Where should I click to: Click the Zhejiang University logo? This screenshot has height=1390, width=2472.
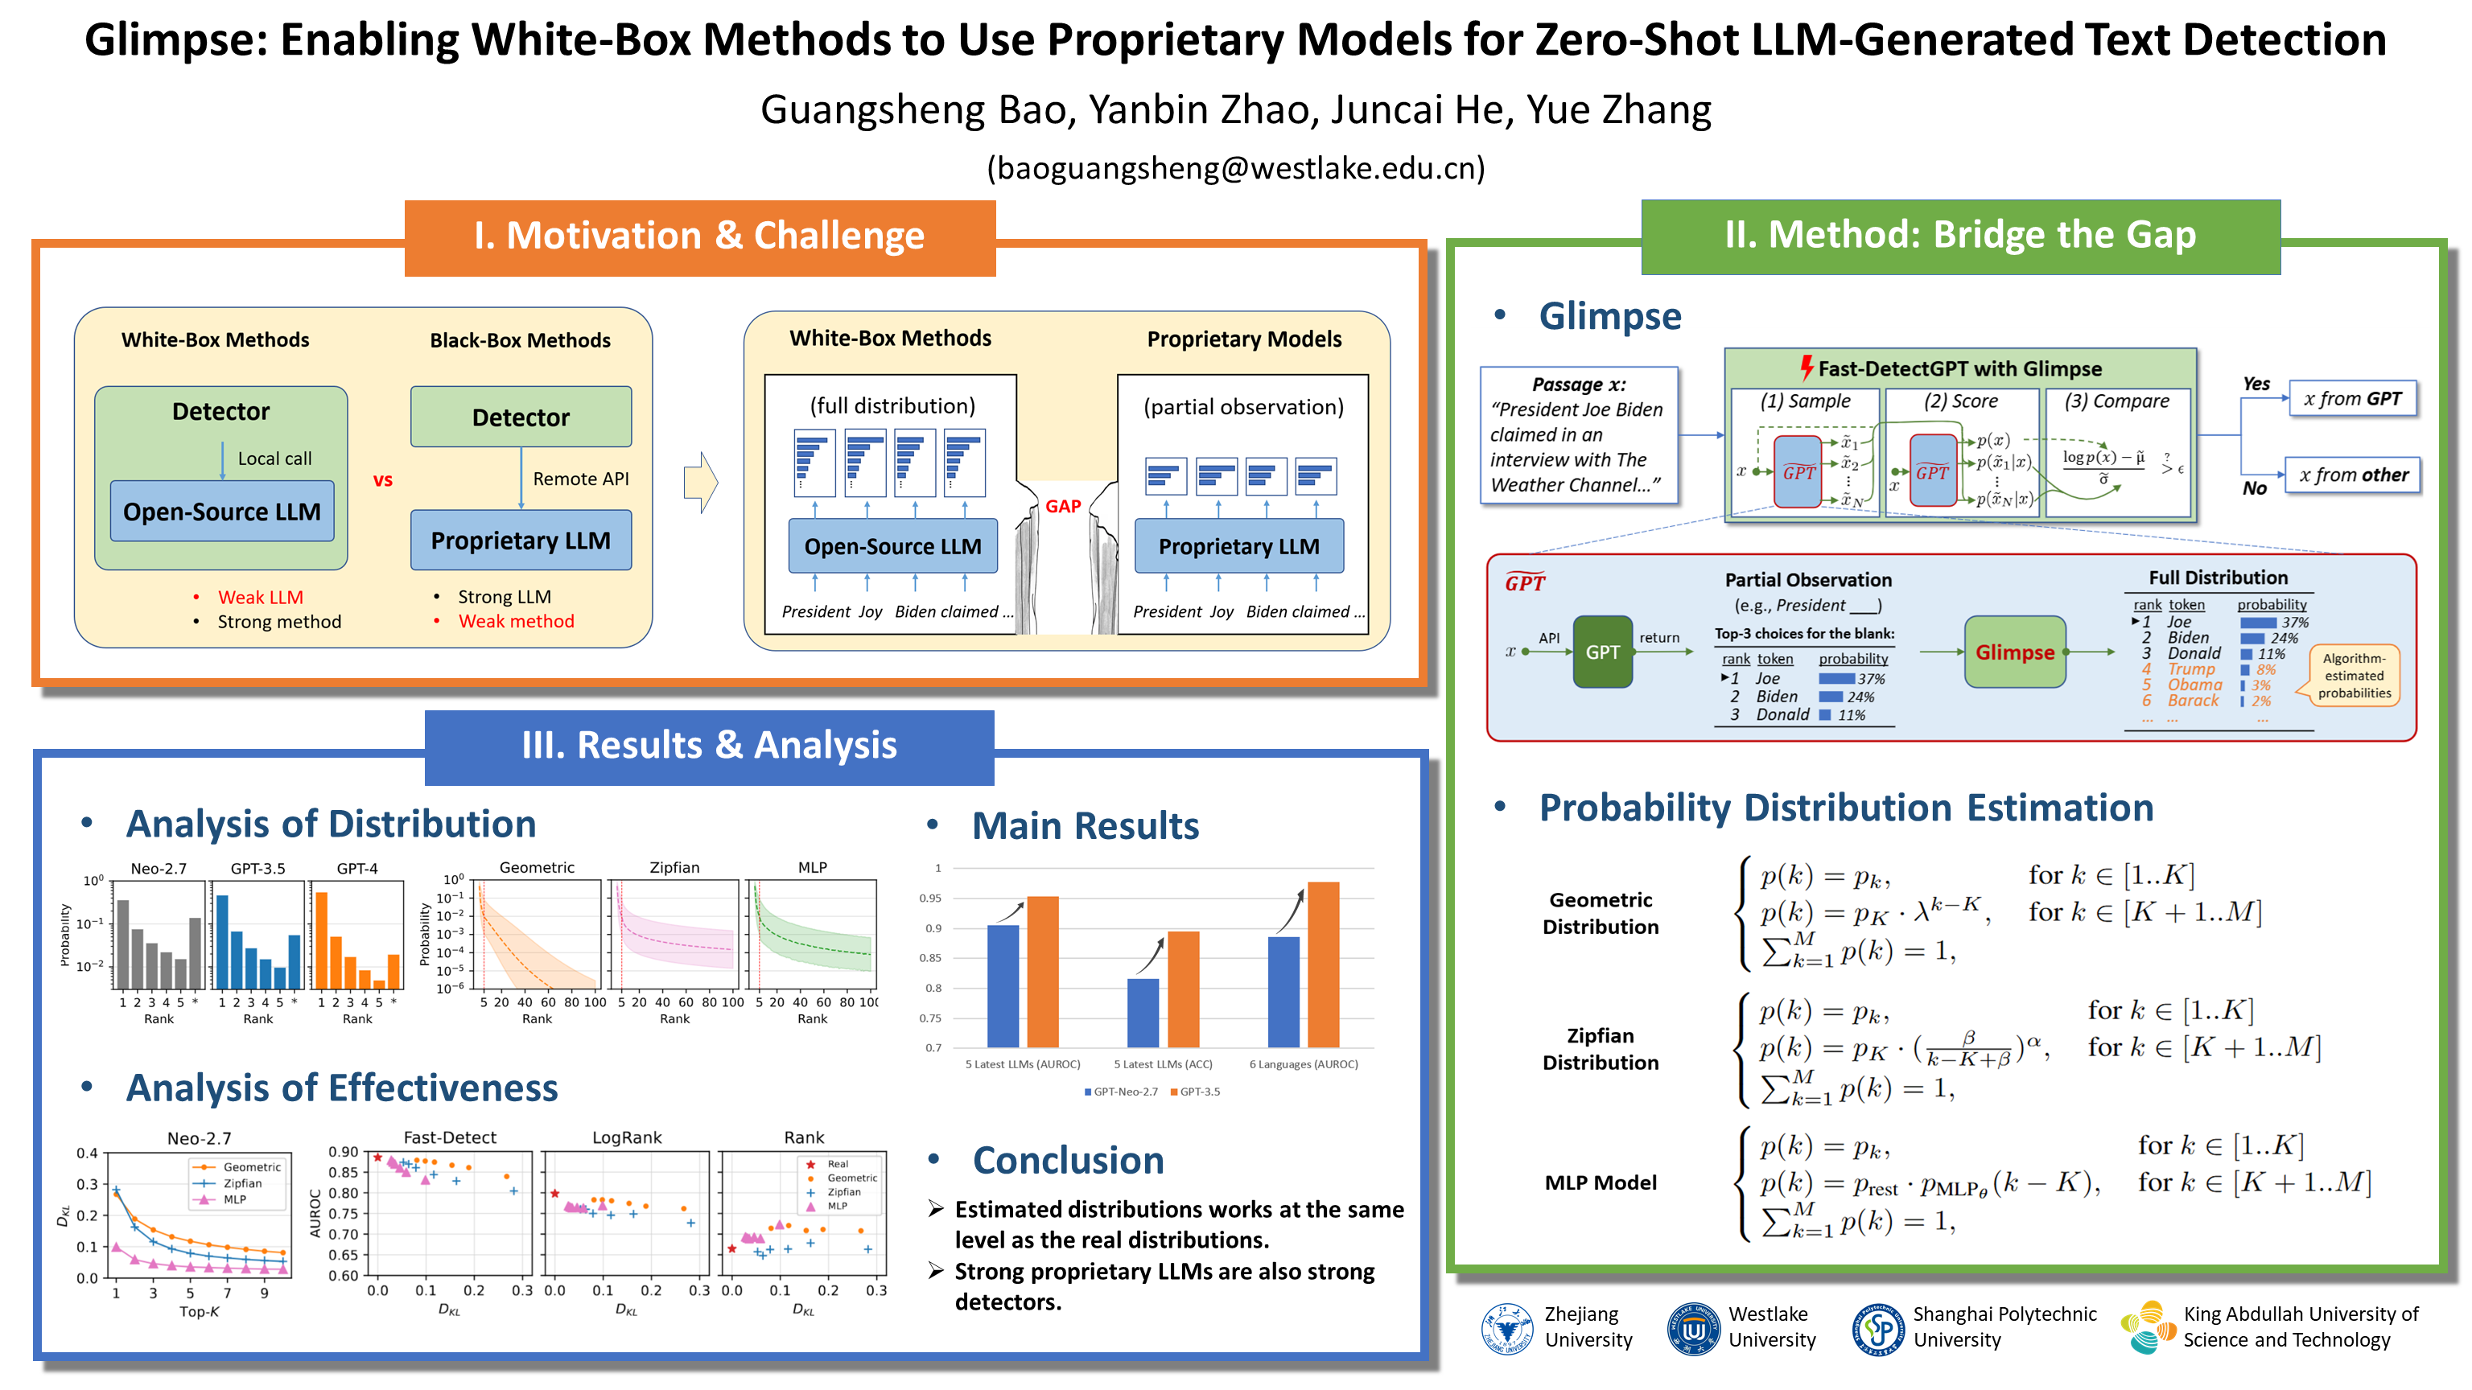(x=1506, y=1327)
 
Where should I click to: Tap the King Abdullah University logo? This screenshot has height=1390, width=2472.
(x=2149, y=1327)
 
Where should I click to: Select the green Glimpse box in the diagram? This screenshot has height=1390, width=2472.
(x=2014, y=652)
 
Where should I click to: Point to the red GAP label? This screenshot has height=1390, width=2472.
(x=1062, y=507)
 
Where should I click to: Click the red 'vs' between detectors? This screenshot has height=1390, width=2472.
(x=383, y=480)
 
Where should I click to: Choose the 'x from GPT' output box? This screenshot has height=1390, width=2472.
(x=2351, y=399)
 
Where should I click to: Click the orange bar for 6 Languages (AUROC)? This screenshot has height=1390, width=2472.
(x=1324, y=964)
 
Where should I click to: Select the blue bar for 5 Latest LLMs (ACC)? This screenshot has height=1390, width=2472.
(x=1142, y=1012)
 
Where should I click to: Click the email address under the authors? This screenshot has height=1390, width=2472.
(x=1235, y=168)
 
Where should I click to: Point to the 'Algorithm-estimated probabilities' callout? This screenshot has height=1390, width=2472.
(x=2353, y=676)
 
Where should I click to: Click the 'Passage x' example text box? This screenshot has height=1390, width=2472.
(x=1579, y=434)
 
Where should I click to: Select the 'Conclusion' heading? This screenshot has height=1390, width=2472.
(x=1067, y=1160)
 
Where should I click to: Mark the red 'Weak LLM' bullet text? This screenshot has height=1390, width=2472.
(x=260, y=597)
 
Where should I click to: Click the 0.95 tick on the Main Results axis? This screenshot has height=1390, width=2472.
(x=930, y=898)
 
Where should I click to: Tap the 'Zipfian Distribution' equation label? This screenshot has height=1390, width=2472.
(x=1600, y=1048)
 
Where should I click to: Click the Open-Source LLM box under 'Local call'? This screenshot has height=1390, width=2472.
(x=221, y=512)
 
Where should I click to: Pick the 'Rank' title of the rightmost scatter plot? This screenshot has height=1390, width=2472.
(x=803, y=1137)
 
